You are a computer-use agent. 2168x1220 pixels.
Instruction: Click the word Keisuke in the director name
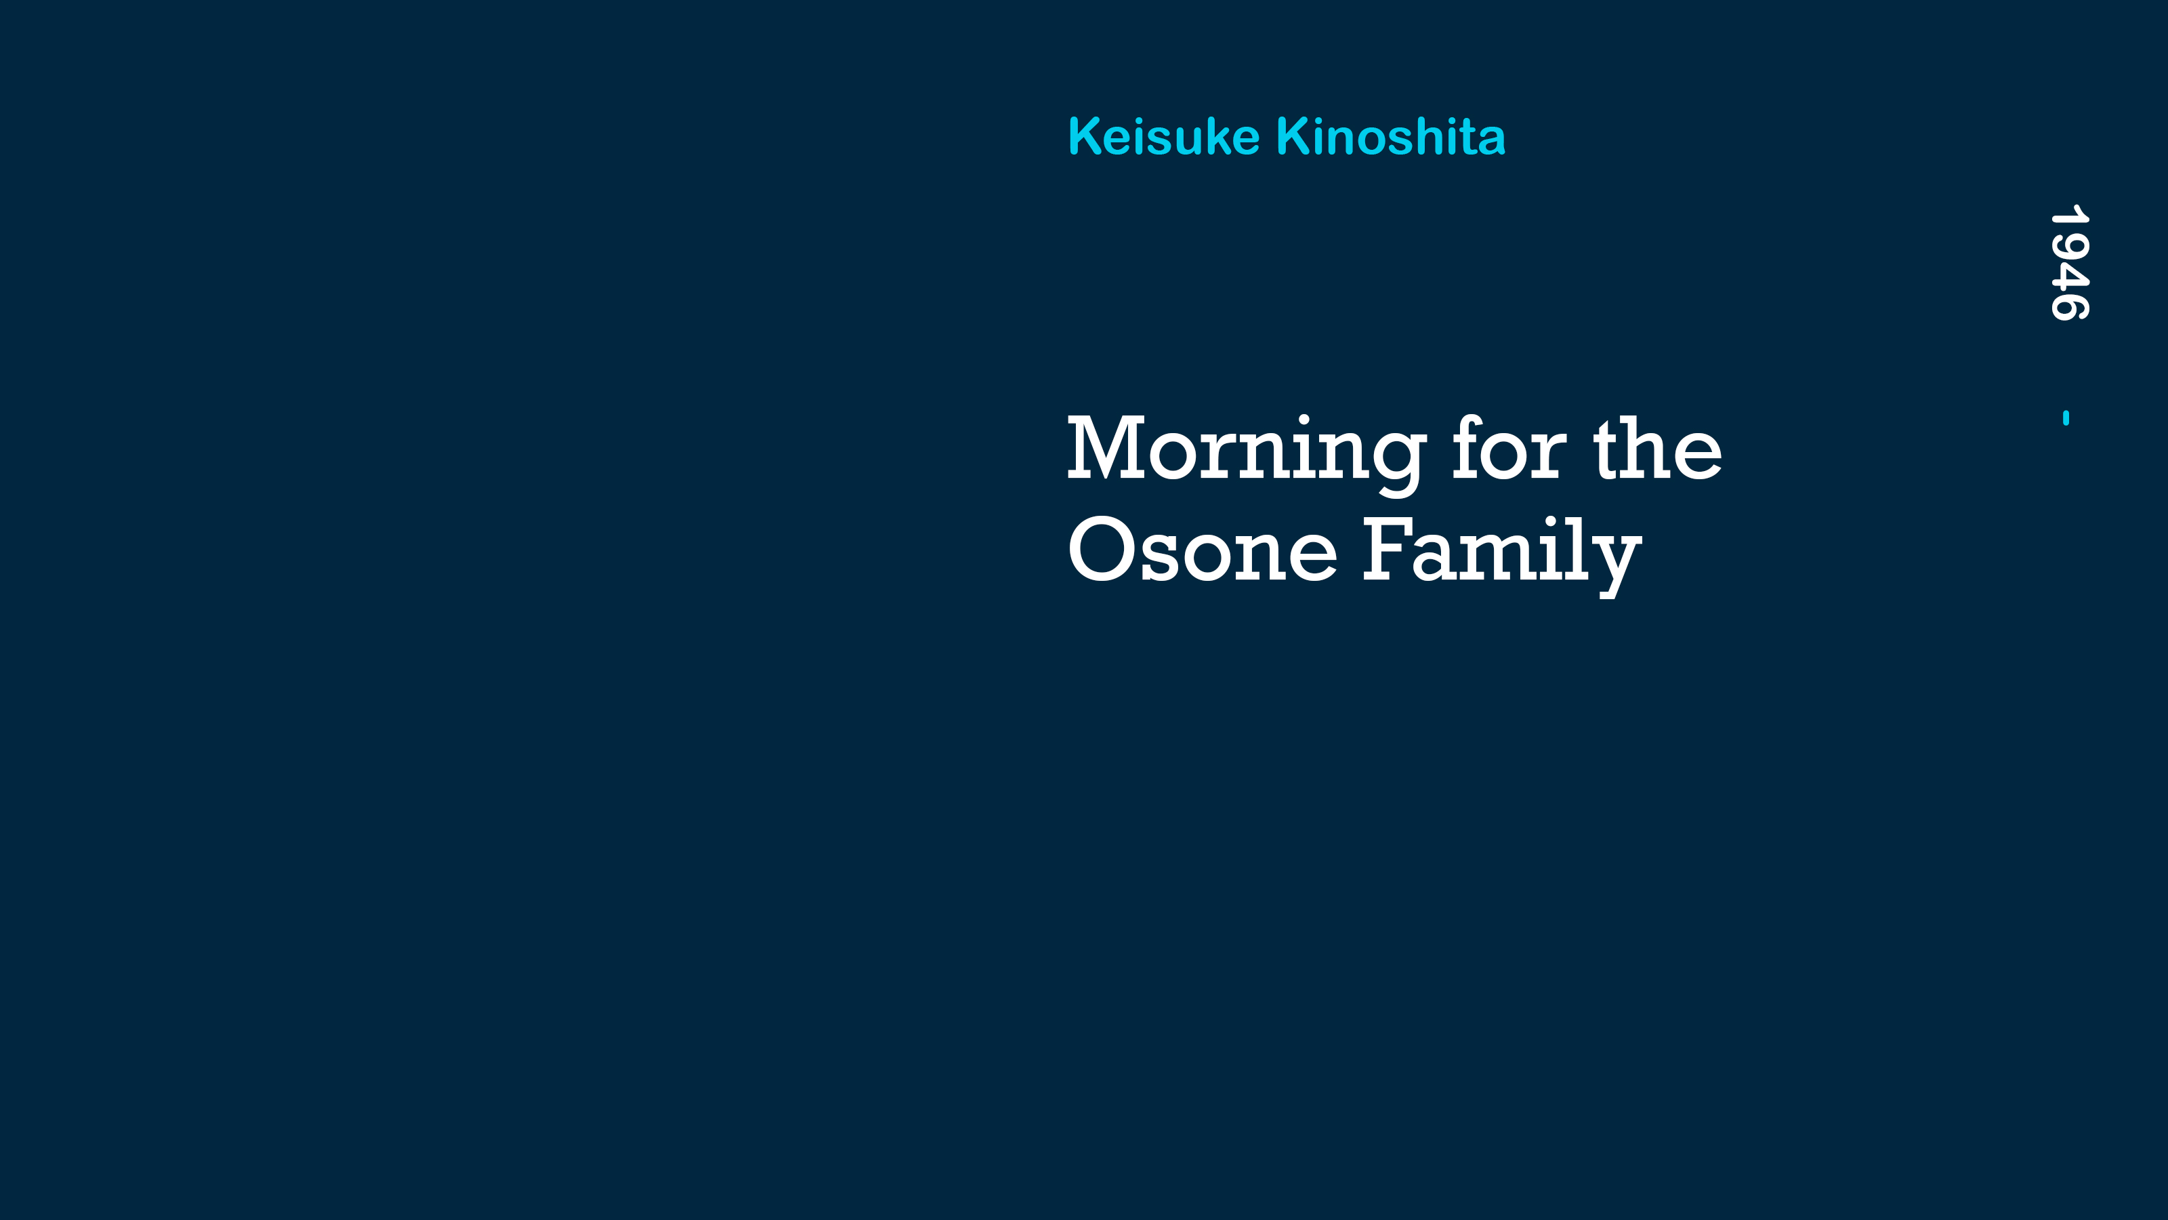(1164, 136)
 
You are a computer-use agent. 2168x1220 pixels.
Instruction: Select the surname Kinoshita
(1391, 136)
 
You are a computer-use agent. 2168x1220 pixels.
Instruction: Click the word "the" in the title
(1658, 449)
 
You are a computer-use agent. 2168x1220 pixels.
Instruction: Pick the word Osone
(1202, 549)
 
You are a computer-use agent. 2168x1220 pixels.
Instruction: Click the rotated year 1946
(2068, 263)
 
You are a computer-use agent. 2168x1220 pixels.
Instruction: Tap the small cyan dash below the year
(2066, 418)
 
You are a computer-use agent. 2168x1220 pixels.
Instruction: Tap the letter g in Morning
(1392, 465)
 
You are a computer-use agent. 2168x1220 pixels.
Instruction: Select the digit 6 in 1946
(2068, 307)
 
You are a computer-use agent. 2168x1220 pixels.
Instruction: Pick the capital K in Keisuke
(1087, 136)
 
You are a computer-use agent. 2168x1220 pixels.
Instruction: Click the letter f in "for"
(1469, 447)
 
